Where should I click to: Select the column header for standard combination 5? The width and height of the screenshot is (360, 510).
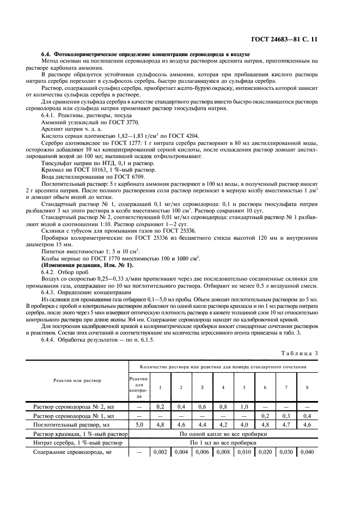244,387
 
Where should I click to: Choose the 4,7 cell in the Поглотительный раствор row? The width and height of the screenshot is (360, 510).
287,424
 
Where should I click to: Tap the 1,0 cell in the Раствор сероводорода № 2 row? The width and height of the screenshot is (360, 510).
244,406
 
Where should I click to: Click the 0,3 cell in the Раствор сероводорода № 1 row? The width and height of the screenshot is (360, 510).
287,415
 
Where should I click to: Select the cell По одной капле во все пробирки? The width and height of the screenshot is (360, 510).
223,434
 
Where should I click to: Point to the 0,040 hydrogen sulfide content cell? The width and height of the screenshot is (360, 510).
308,452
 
